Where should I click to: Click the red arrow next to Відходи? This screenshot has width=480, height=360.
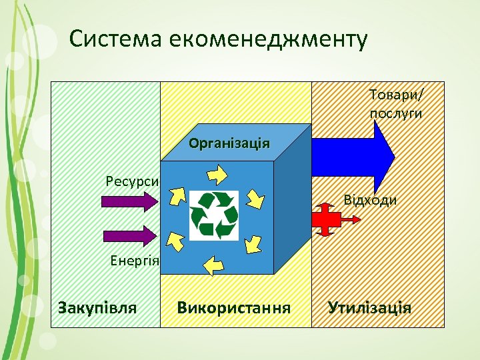[326, 219]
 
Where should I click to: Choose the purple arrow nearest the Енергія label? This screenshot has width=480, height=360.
[128, 235]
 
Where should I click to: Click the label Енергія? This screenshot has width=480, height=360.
[133, 261]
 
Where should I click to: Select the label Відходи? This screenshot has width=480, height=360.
[371, 200]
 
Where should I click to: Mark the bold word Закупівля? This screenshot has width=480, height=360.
[97, 307]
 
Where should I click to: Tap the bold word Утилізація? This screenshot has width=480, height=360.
[369, 307]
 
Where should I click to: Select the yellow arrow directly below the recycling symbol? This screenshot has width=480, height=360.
[213, 265]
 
